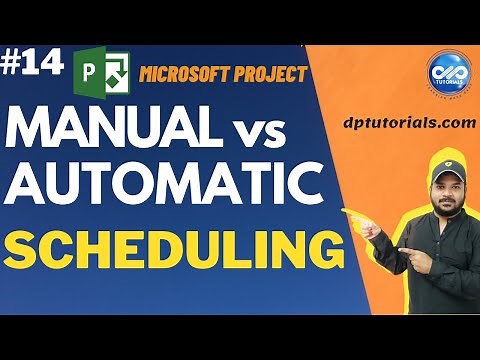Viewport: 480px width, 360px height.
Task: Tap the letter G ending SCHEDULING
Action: click(x=313, y=249)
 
